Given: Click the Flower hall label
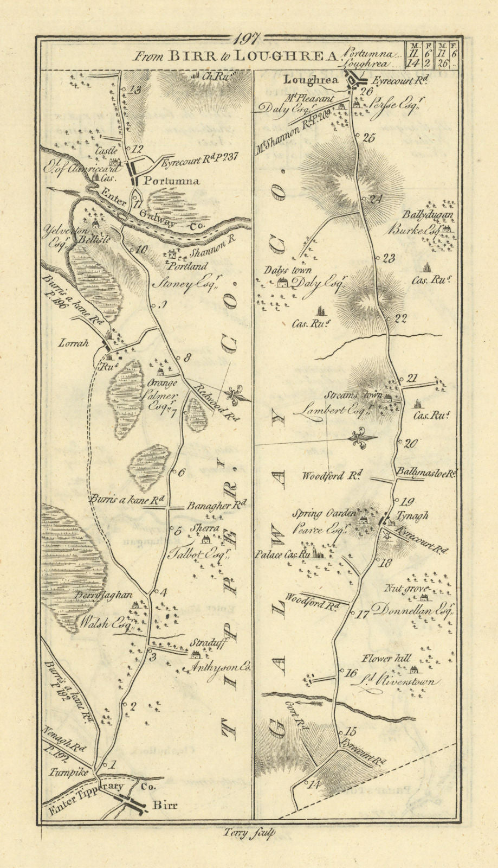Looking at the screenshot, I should pyautogui.click(x=389, y=659).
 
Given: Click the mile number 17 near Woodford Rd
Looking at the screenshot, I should pyautogui.click(x=361, y=615).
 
